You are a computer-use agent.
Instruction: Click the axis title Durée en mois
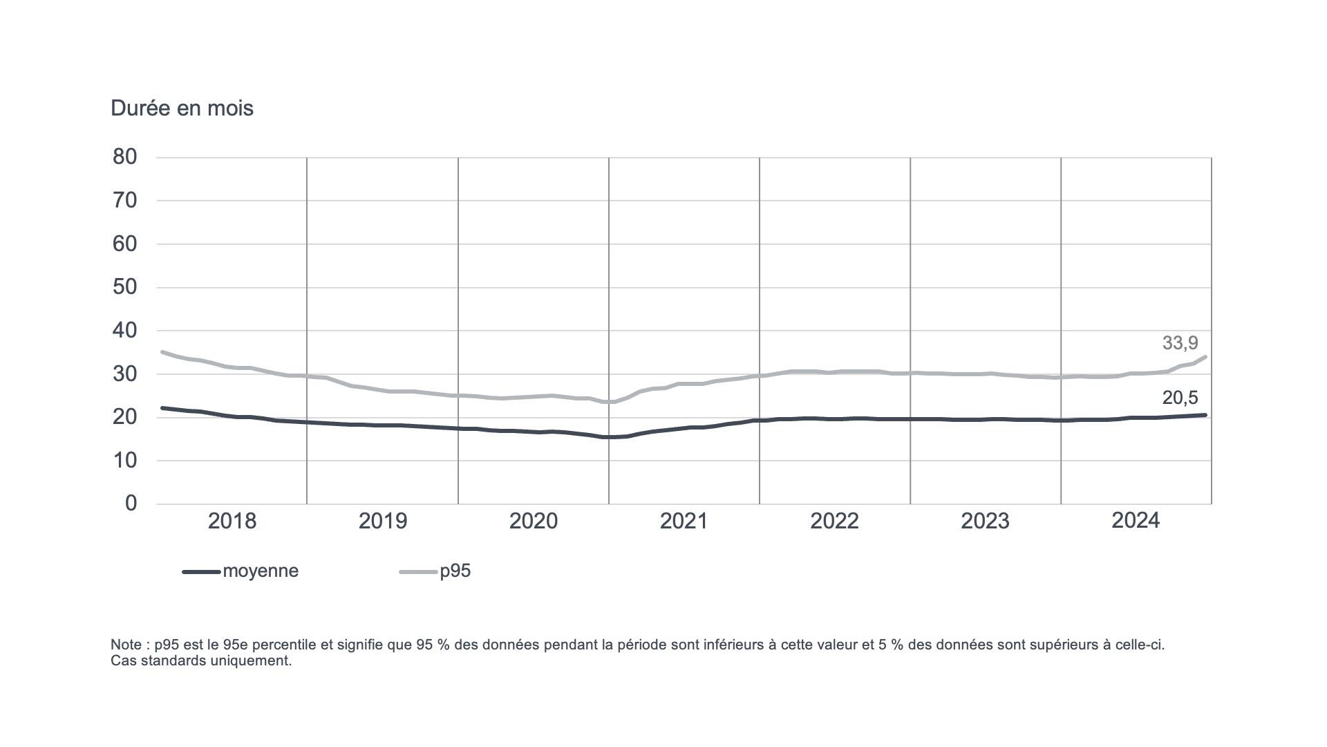pos(182,109)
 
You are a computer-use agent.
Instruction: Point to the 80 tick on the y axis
pos(125,157)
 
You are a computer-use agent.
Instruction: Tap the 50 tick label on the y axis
pos(125,287)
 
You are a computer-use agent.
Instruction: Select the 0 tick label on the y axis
pos(131,504)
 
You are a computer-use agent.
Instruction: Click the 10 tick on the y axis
pos(125,460)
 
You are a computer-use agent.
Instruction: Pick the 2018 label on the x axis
pos(232,522)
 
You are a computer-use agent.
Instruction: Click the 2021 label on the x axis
pos(684,522)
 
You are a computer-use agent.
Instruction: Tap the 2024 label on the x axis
pos(1135,521)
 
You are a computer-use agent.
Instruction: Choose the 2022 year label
pos(834,522)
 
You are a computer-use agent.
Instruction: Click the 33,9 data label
pos(1180,343)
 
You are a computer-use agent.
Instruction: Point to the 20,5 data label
pos(1180,398)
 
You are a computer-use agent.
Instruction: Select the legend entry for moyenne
pos(261,571)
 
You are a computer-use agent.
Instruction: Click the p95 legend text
pos(455,571)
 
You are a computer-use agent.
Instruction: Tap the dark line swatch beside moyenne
pos(201,572)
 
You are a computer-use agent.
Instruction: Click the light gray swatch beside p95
pos(418,572)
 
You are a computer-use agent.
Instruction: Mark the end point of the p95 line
pos(1205,357)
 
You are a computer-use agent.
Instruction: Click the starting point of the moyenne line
pos(162,408)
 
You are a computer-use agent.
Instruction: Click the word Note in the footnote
pos(126,645)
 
